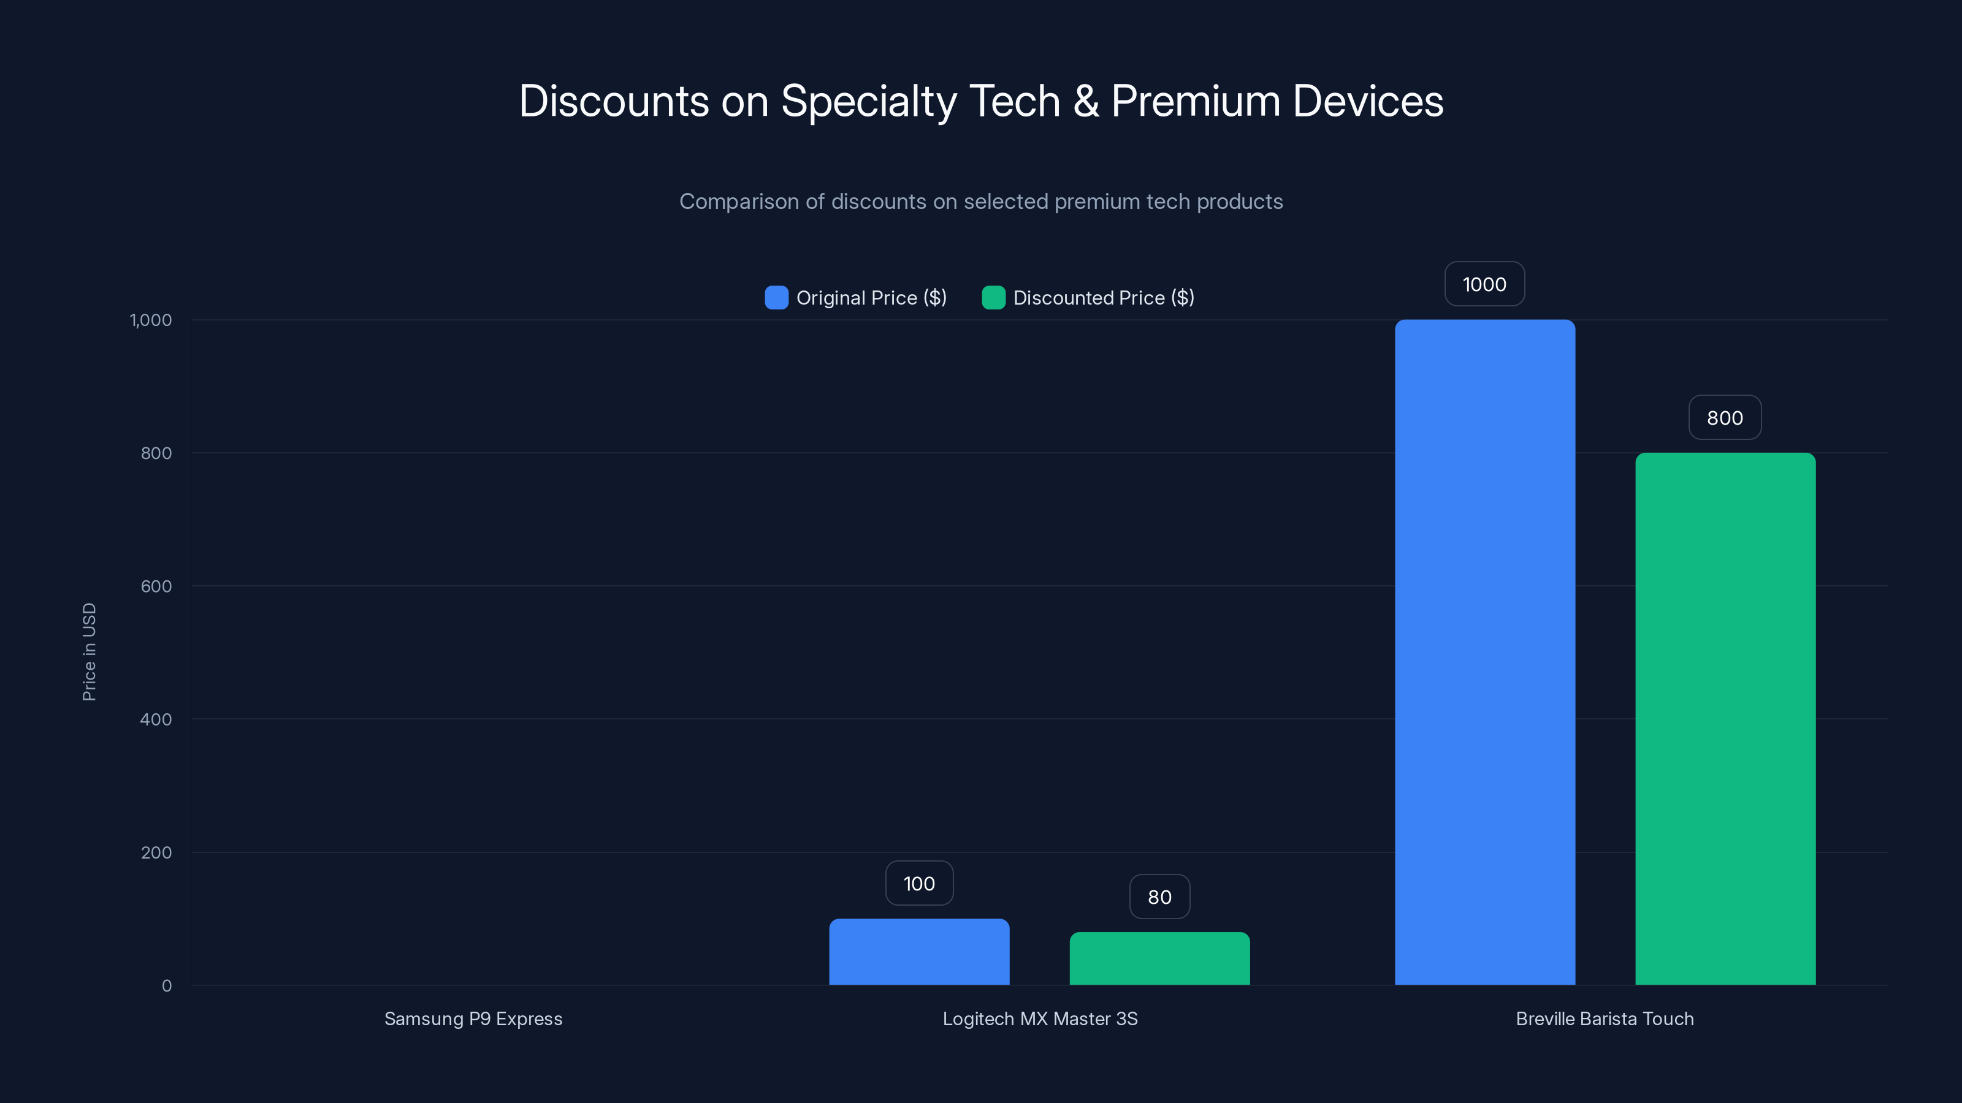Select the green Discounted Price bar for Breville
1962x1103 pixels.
click(x=1725, y=719)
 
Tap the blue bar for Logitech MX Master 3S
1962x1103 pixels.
click(x=918, y=952)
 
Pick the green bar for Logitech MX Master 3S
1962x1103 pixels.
click(x=1159, y=958)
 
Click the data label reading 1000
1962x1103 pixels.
click(x=1484, y=284)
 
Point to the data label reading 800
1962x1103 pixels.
click(x=1725, y=418)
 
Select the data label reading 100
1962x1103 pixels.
click(x=918, y=883)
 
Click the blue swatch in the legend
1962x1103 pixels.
click(x=776, y=298)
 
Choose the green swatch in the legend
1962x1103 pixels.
click(x=993, y=298)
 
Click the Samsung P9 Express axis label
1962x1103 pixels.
click(x=473, y=1018)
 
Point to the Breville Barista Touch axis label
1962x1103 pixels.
click(x=1605, y=1018)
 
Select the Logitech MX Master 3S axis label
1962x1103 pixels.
click(x=1040, y=1018)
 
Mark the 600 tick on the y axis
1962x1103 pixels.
click(x=156, y=586)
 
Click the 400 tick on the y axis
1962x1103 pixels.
click(x=156, y=719)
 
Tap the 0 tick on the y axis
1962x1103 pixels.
click(x=167, y=986)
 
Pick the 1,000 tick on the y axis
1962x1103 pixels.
click(x=151, y=320)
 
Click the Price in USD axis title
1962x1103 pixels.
click(x=89, y=651)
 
